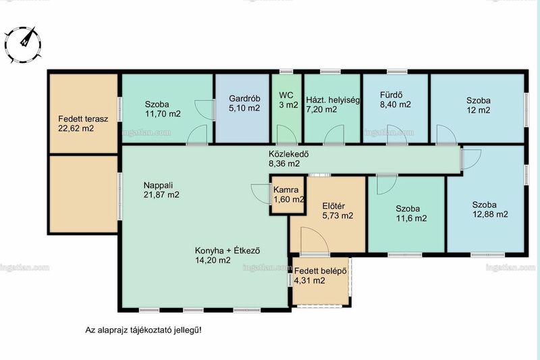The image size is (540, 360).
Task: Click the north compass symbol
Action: tap(23, 45)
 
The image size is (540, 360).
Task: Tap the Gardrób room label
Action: tap(244, 99)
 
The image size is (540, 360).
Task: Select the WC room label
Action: tap(286, 95)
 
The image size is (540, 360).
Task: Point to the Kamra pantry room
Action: tap(288, 195)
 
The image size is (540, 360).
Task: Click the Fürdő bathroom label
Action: tap(391, 95)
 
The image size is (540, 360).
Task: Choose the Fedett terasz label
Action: tap(83, 119)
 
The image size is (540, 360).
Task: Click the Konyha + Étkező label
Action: tap(227, 251)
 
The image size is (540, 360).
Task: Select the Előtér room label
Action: tap(333, 206)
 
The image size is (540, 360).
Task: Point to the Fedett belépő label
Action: tap(320, 271)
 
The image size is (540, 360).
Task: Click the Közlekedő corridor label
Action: tap(289, 154)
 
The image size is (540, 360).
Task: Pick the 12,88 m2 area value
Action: tap(490, 214)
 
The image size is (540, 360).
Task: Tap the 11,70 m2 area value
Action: tap(163, 113)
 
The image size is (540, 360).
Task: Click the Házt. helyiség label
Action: tap(333, 100)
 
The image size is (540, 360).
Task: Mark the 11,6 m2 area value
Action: tap(411, 218)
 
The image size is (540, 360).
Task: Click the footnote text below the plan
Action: tap(143, 330)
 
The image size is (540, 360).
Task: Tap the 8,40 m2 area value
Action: tap(396, 105)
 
